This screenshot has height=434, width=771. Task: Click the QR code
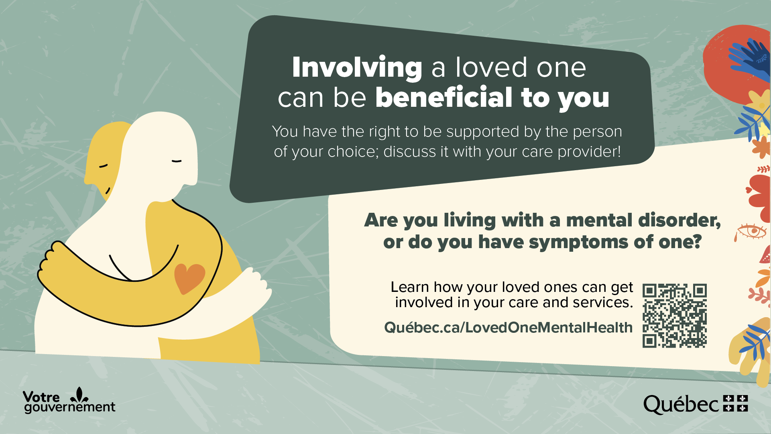pos(674,316)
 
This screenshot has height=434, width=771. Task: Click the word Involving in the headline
pos(357,67)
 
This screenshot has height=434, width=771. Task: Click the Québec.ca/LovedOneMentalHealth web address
pos(508,328)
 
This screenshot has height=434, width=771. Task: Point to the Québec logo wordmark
pos(681,405)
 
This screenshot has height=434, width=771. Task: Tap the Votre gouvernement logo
pos(69,400)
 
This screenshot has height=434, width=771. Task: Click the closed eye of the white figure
pos(177,161)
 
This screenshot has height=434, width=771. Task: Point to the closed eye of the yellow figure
pos(104,165)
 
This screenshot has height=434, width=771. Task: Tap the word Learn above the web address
pos(410,287)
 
